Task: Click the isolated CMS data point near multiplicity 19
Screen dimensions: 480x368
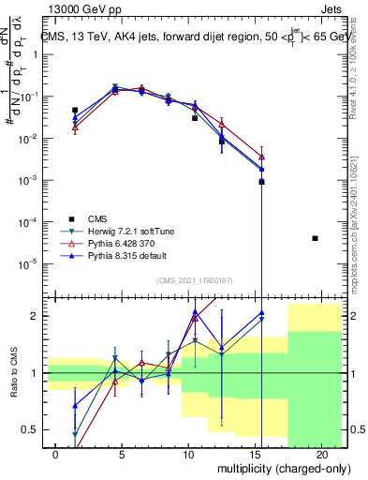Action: (x=315, y=238)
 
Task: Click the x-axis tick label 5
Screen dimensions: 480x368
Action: (x=115, y=453)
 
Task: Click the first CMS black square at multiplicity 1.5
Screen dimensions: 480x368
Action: (x=75, y=110)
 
